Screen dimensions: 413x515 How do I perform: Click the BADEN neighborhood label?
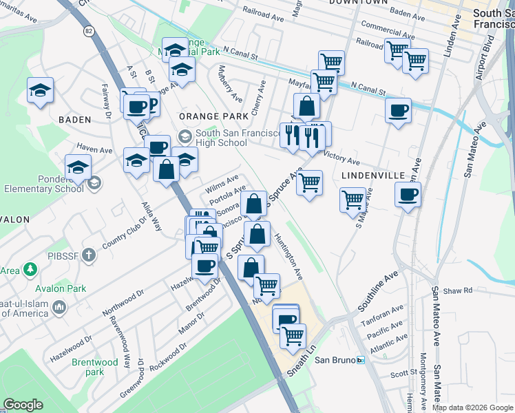coord(74,119)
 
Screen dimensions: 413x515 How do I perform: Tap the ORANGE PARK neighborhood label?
coord(203,117)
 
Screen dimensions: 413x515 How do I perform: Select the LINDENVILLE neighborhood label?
coord(373,176)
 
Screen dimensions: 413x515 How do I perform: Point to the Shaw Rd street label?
coord(459,290)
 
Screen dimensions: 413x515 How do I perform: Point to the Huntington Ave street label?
coord(288,255)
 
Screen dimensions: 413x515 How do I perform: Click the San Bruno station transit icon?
coord(360,360)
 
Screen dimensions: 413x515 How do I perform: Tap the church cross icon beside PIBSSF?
coord(87,256)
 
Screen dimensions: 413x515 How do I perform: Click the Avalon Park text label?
coord(63,288)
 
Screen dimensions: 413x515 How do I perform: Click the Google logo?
coord(23,405)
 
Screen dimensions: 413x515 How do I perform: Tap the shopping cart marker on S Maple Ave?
coord(353,200)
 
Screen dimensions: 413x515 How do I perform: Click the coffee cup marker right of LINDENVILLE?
coord(408,195)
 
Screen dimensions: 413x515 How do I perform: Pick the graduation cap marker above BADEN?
coord(40,90)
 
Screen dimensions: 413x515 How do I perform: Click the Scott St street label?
coord(399,374)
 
